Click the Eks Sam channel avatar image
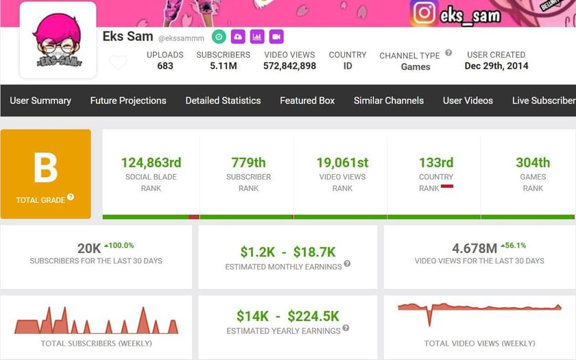(58, 41)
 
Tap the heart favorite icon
(118, 62)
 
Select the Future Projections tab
(128, 101)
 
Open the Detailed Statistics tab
(223, 101)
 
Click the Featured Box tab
(307, 101)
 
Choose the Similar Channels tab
(389, 101)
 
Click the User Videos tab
(468, 101)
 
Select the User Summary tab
(40, 101)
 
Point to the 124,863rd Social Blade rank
(151, 163)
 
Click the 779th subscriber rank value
(248, 163)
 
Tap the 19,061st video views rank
(342, 163)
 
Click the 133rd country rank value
(436, 163)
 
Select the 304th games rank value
(533, 163)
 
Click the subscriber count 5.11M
(223, 67)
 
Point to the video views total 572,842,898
(289, 67)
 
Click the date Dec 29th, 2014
(496, 67)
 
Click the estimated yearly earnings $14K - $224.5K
(288, 316)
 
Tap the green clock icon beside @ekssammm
(219, 37)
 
